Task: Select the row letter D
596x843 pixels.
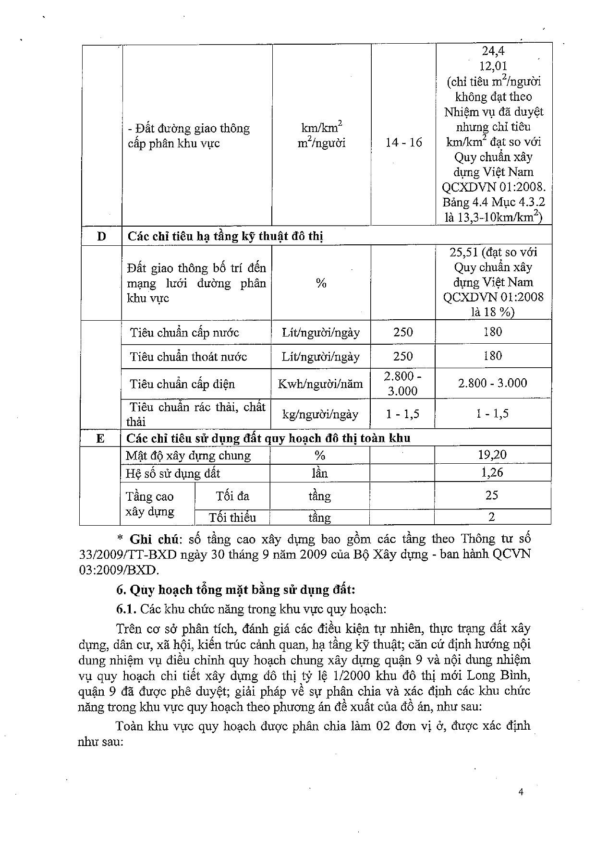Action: click(101, 236)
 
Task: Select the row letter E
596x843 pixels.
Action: click(100, 438)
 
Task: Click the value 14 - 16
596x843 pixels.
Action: click(403, 143)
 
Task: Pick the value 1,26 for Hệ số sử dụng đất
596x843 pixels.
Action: click(492, 473)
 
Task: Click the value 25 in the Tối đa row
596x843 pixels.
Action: click(492, 495)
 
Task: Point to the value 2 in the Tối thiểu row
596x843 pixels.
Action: click(492, 517)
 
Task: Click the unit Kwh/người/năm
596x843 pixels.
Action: click(320, 384)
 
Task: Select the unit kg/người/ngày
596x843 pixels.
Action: click(320, 414)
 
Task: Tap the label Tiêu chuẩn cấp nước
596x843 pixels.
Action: click(184, 332)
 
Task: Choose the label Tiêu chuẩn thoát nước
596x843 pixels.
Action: click(188, 356)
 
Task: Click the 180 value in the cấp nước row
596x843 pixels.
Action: click(493, 332)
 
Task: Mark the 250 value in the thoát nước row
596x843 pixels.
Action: click(403, 356)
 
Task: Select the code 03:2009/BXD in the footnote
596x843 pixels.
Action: click(118, 570)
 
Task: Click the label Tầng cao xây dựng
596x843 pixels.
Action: click(149, 504)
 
